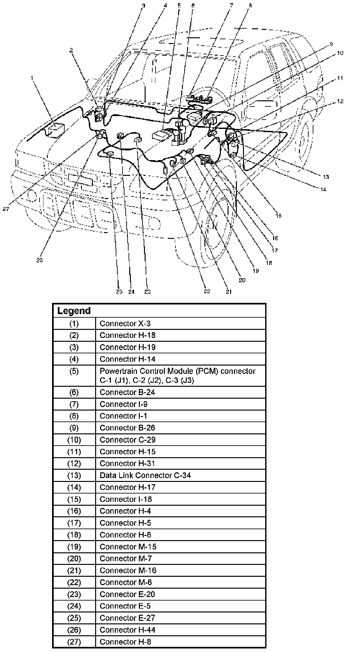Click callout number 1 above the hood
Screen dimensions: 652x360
32,77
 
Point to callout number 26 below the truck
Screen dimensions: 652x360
40,260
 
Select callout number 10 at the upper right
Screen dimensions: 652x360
340,53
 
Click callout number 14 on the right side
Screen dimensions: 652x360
323,189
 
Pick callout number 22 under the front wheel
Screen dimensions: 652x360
207,291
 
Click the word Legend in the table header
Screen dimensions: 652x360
74,311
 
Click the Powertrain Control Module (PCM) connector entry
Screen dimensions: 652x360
177,376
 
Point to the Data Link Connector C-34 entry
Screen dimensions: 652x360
145,475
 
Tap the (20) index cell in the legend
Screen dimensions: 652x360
74,558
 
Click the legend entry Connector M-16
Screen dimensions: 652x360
128,570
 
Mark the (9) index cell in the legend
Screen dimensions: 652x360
74,428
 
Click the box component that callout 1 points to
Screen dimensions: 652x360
55,130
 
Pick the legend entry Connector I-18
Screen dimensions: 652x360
126,499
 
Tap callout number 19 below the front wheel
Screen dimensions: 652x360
256,271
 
